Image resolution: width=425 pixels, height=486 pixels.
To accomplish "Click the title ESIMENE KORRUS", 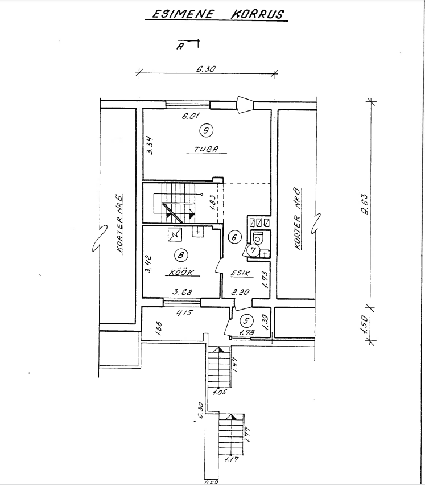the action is [x=217, y=14].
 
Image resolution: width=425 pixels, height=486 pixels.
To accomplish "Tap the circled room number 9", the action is [x=207, y=130].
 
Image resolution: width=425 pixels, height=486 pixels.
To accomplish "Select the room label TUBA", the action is [x=207, y=149].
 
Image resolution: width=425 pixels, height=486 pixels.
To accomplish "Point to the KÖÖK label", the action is [x=182, y=272].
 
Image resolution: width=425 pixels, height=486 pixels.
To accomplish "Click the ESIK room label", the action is [x=242, y=273].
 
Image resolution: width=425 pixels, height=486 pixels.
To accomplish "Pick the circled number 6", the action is [x=234, y=237].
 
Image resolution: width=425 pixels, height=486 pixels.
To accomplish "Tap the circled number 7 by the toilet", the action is [x=254, y=250].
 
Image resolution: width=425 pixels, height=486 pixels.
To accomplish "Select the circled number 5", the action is [x=246, y=321].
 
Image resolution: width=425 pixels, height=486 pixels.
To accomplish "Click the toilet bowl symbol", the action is [x=257, y=238].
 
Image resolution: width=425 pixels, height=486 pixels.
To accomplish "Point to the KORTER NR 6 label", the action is [x=119, y=224].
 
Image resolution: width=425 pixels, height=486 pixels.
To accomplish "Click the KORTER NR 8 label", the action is [x=298, y=220].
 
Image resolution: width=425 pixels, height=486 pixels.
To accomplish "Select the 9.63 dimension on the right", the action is [x=365, y=204].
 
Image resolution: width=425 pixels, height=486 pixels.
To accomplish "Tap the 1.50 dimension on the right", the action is [x=365, y=324].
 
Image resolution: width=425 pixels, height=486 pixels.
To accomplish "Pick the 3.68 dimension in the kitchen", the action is [x=183, y=292].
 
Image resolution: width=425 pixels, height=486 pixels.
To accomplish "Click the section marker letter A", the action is [x=180, y=47].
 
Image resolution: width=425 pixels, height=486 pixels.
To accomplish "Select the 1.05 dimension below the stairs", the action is [x=220, y=392].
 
